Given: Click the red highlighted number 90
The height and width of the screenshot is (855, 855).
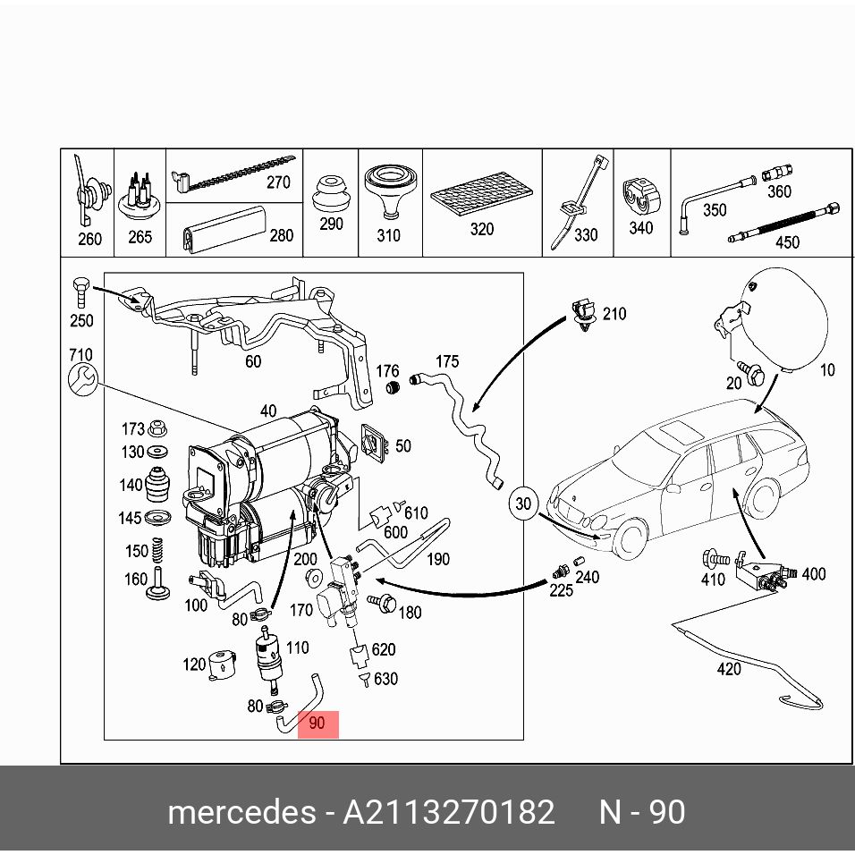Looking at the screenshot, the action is (317, 723).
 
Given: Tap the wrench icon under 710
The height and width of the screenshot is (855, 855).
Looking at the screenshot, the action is (83, 379).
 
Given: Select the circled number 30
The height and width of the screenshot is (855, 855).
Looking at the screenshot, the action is (523, 504).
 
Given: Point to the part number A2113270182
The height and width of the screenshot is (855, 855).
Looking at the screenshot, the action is (448, 812).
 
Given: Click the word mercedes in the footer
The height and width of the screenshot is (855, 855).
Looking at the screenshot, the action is (241, 812).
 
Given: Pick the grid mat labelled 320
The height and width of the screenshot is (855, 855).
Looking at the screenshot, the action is (481, 194).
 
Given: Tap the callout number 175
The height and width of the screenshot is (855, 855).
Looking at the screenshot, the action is (447, 361).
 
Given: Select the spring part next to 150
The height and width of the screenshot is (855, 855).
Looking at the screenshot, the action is (157, 550).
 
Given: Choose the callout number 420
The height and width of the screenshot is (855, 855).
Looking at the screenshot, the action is (729, 669).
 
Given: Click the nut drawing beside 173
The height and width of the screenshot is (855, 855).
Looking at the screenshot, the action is (157, 428).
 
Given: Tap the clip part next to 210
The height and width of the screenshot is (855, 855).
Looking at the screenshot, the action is (584, 315).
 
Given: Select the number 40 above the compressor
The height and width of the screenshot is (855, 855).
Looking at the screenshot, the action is (268, 411).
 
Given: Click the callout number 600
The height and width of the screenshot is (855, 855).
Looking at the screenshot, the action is (395, 532).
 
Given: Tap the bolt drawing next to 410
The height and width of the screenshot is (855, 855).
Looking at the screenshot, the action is (715, 559).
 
